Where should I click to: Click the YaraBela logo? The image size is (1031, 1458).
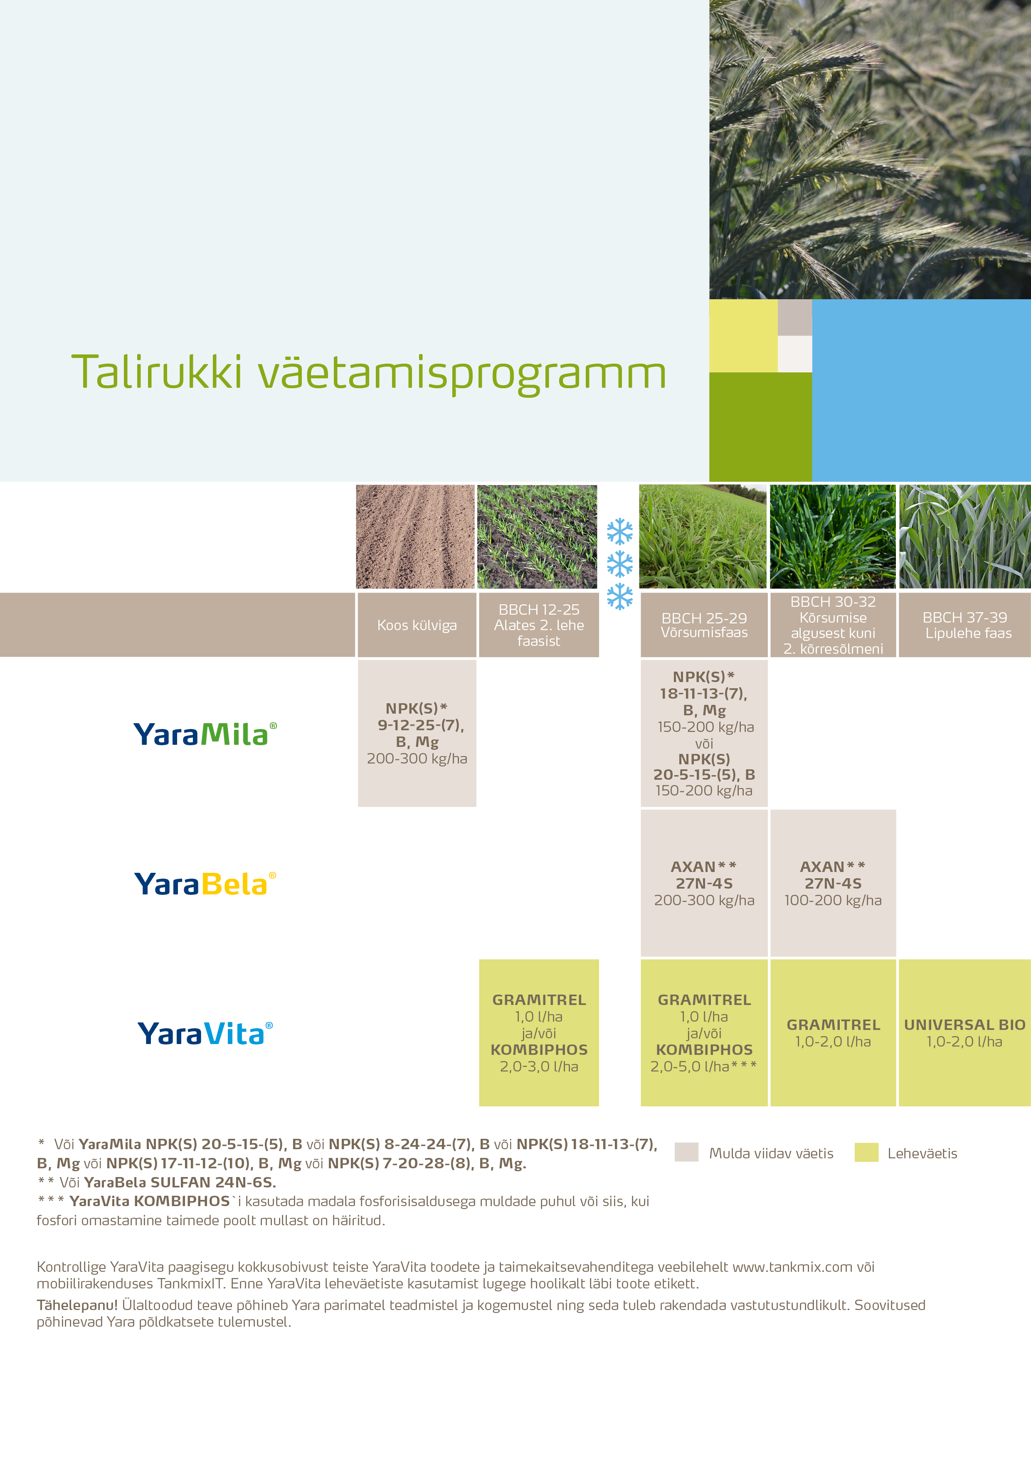(205, 884)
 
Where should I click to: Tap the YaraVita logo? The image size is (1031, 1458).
(205, 1033)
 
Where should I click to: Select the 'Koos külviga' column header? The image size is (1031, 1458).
(417, 625)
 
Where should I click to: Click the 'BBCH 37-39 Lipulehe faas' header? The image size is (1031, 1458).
(964, 625)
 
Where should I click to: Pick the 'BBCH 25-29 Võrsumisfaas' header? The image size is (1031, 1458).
(704, 625)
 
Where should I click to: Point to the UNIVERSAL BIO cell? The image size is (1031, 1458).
(964, 1032)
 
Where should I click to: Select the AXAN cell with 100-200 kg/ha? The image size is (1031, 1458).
(833, 883)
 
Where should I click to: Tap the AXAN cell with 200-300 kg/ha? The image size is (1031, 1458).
(704, 883)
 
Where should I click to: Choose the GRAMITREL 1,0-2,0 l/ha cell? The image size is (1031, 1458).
(833, 1032)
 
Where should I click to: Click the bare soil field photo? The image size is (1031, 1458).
(415, 537)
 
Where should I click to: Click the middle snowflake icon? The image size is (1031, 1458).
(619, 564)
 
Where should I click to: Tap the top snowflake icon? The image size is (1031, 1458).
(619, 532)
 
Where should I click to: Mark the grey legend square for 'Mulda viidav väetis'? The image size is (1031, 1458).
(686, 1153)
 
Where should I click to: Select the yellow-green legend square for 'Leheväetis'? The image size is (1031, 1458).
(866, 1153)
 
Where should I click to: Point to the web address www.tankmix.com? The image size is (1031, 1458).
(792, 1267)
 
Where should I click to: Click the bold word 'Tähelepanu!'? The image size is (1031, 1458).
(77, 1305)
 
